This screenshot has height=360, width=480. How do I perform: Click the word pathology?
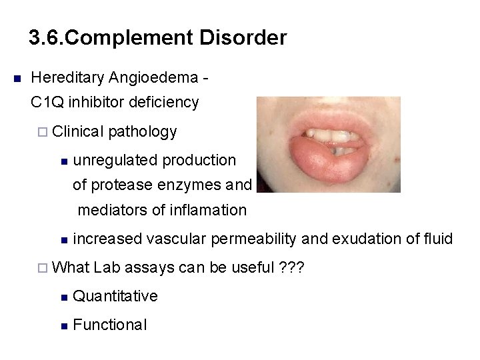pyautogui.click(x=141, y=132)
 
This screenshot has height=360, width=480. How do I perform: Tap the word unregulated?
pyautogui.click(x=115, y=160)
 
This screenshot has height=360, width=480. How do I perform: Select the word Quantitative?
pyautogui.click(x=115, y=295)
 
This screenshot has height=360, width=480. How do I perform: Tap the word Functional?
pyautogui.click(x=109, y=325)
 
